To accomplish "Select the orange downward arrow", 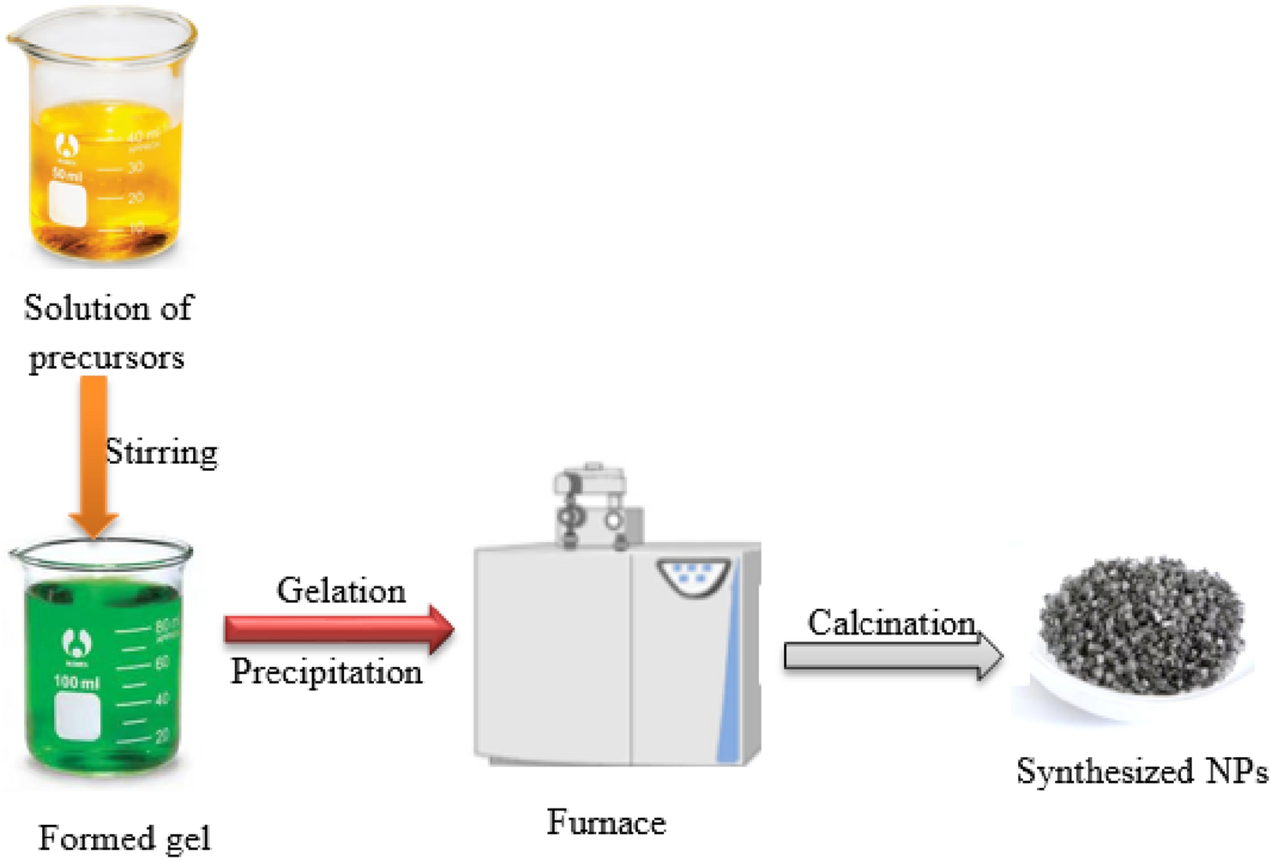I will coord(93,454).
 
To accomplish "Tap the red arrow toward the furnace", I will coord(339,630).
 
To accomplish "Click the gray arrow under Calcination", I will coord(892,657).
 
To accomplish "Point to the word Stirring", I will coord(161,452).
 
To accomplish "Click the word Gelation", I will coord(340,591).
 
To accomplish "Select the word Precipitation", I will coord(327,671).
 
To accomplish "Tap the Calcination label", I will coord(891,622).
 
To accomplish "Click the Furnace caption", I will coord(606,822).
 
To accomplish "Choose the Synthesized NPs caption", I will coord(1141,772).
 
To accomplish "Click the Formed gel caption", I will coord(124,838).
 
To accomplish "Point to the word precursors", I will coord(106,358).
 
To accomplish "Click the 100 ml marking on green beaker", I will coord(76,683).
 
